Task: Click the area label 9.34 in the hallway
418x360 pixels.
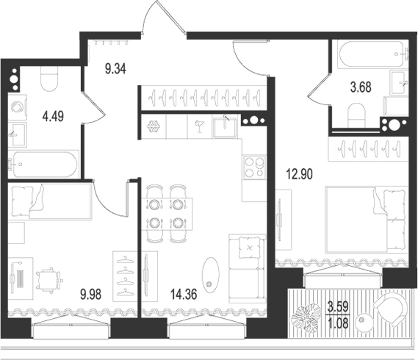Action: [x=115, y=71]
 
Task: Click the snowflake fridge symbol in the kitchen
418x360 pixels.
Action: [x=154, y=126]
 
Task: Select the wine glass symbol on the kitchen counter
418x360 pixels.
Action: [x=199, y=126]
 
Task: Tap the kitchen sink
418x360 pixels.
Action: [x=225, y=127]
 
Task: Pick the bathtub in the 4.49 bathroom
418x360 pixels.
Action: [x=42, y=164]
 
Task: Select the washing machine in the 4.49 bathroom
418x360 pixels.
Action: [x=18, y=106]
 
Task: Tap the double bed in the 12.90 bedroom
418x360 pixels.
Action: [x=366, y=217]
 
